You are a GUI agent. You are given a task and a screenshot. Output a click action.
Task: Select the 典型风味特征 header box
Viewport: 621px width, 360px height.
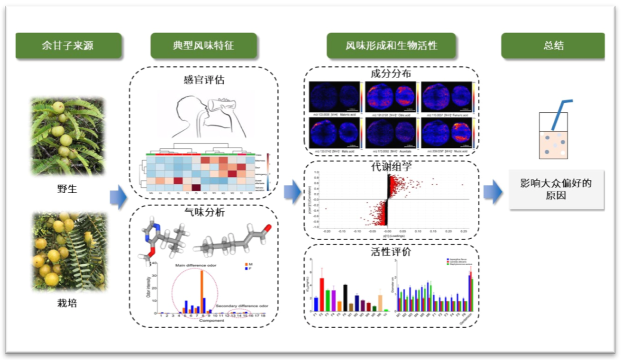point(203,46)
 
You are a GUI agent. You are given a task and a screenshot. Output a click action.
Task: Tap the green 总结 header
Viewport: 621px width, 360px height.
point(553,46)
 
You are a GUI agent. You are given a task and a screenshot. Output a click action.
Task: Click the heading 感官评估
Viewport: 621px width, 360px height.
point(204,80)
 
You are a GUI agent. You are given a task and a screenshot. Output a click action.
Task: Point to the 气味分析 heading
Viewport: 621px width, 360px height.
point(204,212)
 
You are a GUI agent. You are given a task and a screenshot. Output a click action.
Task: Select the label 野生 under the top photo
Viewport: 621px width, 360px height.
point(67,189)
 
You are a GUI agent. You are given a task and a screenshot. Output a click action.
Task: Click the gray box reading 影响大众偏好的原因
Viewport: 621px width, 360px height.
point(556,189)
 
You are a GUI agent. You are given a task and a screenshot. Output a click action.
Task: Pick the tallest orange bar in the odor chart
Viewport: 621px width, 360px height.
point(202,291)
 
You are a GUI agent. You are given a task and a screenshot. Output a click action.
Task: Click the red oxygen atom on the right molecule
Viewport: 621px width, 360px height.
point(268,230)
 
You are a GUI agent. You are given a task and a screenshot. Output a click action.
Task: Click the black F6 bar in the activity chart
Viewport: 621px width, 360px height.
point(346,297)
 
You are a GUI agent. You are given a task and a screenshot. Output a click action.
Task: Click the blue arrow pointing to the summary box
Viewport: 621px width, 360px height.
point(493,192)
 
